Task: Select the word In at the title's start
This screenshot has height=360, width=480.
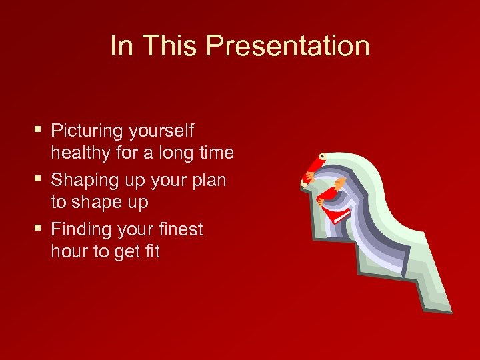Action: click(x=121, y=46)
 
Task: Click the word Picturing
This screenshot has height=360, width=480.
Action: click(x=89, y=131)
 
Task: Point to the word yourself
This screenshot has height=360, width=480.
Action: click(x=163, y=131)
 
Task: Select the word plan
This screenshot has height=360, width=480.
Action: click(x=209, y=181)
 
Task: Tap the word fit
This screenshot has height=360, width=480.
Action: click(x=149, y=252)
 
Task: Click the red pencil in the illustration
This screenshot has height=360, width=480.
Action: click(x=315, y=164)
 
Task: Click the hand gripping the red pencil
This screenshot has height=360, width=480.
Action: click(x=309, y=177)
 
